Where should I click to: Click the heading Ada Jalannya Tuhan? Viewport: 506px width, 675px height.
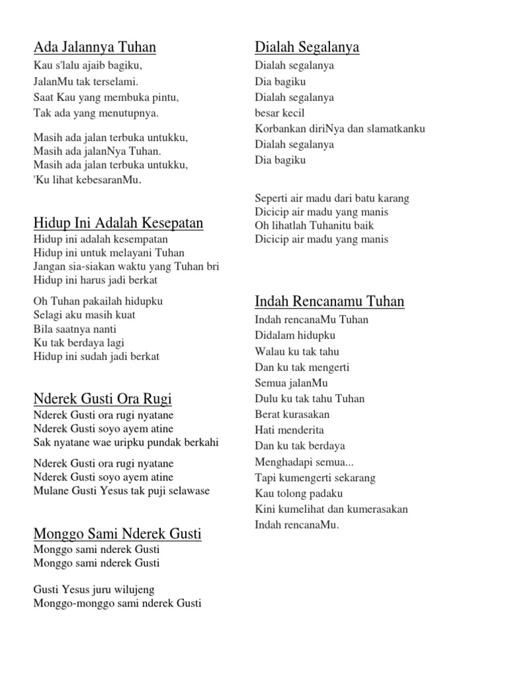[x=95, y=47]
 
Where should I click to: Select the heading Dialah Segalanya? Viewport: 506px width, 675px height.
[x=306, y=47]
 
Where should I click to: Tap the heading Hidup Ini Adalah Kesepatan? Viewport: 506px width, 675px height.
[x=118, y=223]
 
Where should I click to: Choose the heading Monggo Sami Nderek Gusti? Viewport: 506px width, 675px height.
[x=117, y=533]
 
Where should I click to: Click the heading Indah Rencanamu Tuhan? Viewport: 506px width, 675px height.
[x=329, y=302]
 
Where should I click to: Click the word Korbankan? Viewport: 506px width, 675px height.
[x=278, y=129]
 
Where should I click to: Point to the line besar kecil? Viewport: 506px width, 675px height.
[x=279, y=113]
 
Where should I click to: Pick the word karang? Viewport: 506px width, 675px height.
[x=395, y=198]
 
